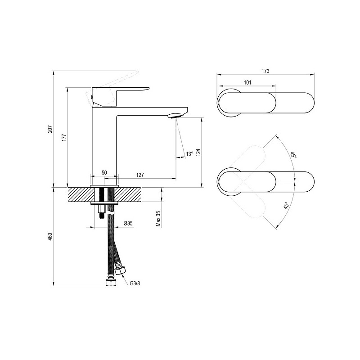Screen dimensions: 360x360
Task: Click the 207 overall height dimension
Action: [50, 129]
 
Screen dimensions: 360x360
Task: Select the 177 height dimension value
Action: [64, 137]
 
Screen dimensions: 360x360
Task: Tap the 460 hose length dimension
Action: [50, 237]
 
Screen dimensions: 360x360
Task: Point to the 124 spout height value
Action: [198, 153]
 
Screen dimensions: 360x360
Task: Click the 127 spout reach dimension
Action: [140, 175]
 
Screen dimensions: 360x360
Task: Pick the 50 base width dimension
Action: [104, 172]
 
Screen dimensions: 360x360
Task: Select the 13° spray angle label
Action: [189, 154]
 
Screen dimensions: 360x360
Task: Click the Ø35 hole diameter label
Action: [128, 223]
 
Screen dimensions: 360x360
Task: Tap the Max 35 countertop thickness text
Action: [158, 219]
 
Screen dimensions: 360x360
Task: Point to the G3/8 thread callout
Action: [135, 283]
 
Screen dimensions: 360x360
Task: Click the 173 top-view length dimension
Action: [265, 71]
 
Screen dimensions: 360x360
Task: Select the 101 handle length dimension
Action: [247, 82]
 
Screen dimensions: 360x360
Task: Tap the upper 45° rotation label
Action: [293, 155]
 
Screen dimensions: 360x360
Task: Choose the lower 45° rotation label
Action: [286, 206]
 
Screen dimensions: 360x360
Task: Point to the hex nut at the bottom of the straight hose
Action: [111, 283]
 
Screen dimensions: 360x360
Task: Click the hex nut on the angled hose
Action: [120, 270]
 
